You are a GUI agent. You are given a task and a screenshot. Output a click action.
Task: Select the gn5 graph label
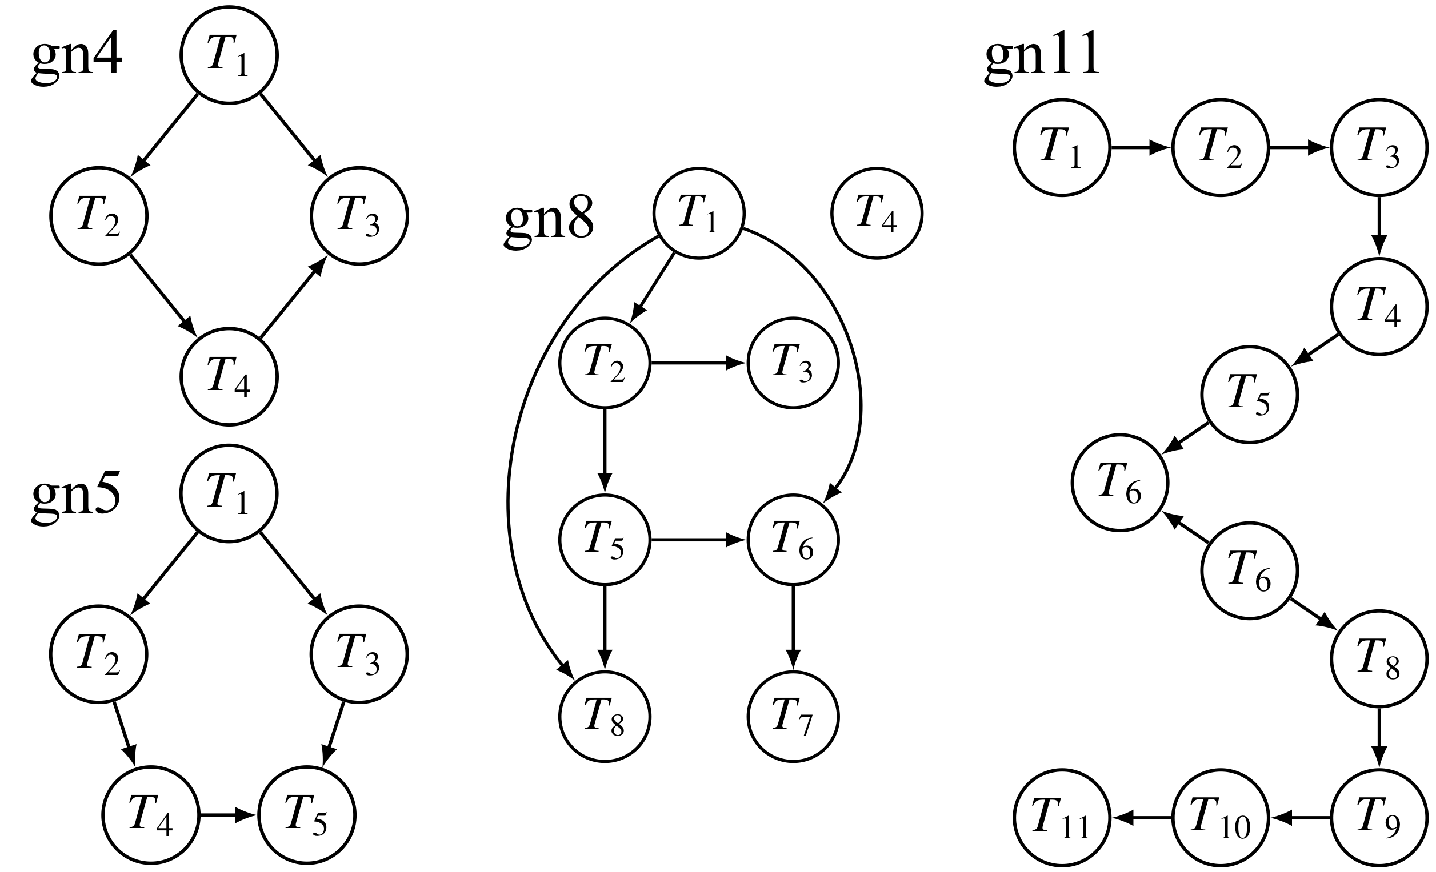point(77,496)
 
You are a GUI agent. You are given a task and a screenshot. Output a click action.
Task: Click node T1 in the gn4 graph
point(229,55)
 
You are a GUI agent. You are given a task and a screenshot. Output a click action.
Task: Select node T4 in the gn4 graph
point(229,377)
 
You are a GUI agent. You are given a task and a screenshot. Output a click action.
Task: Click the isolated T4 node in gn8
point(877,213)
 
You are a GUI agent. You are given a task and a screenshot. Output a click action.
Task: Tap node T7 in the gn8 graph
point(793,717)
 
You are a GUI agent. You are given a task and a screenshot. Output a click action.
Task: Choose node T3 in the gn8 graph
point(793,363)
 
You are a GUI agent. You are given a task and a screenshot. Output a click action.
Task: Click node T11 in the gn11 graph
point(1061,818)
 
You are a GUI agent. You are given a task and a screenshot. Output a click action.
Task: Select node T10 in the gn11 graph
point(1220,818)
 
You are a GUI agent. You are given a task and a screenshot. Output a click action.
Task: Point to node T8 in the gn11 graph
point(1379,659)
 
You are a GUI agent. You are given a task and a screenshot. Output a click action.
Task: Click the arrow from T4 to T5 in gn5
point(228,815)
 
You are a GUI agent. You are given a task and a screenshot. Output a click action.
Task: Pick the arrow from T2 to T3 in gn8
point(698,363)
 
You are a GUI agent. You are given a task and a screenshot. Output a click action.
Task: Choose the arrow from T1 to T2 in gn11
point(1141,148)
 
